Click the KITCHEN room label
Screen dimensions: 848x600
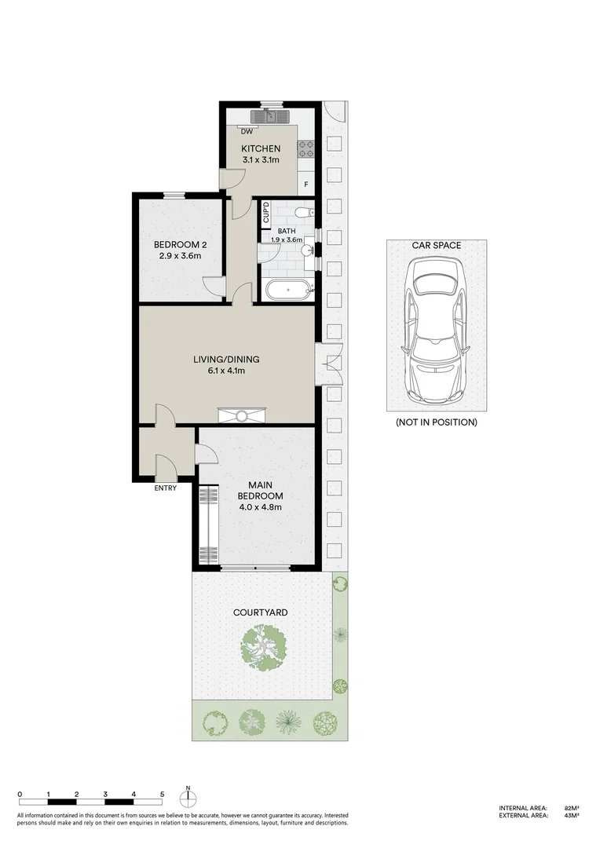[261, 148]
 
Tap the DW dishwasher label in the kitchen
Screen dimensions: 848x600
[247, 131]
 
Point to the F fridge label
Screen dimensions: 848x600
[306, 185]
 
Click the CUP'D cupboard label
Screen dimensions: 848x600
[265, 212]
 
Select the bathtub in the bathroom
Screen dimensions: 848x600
[286, 291]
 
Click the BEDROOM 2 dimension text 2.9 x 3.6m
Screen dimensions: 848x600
[177, 255]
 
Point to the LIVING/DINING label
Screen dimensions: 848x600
[226, 360]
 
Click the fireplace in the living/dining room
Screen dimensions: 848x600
[242, 416]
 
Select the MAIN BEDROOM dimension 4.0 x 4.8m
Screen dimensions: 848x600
[260, 507]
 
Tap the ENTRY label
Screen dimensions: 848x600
[165, 488]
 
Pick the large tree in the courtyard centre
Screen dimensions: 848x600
[264, 645]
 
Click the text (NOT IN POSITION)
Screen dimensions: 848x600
[436, 422]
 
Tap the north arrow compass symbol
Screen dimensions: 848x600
[188, 798]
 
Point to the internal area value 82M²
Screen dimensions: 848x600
[571, 808]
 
